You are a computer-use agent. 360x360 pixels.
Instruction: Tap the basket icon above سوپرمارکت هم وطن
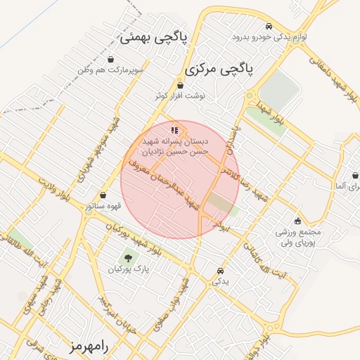(112, 60)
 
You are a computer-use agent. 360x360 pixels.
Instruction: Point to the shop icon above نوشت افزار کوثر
(181, 85)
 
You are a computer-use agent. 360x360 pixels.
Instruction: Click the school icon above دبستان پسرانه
(174, 130)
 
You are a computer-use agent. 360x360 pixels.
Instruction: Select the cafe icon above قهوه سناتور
(104, 195)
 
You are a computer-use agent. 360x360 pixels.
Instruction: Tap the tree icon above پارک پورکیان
(127, 258)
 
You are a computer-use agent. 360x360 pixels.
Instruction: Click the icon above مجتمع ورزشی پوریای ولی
(298, 220)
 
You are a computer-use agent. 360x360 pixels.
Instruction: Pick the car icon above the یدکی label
(221, 271)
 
